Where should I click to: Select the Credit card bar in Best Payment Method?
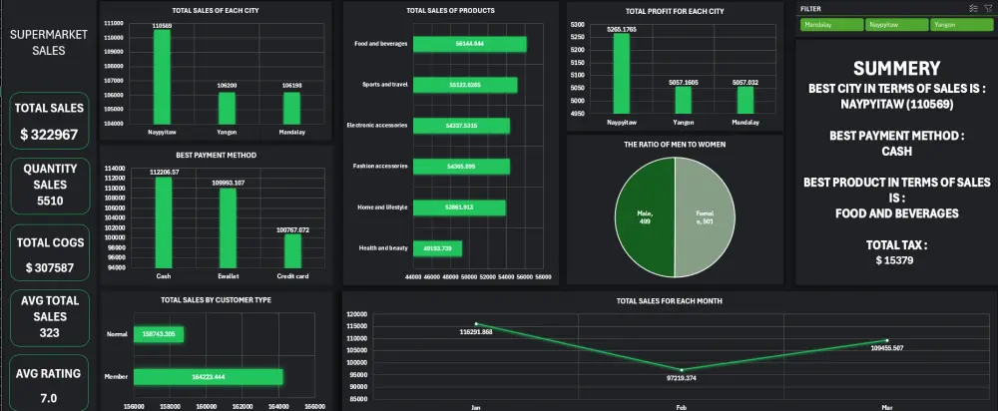(x=292, y=252)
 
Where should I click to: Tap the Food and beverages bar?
(x=469, y=44)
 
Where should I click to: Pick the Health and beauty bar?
(x=437, y=247)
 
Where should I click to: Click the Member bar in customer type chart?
(x=208, y=377)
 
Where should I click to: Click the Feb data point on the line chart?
(x=682, y=370)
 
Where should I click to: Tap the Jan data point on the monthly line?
(x=476, y=323)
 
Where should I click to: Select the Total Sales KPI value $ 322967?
(x=49, y=134)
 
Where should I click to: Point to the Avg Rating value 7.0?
(x=49, y=398)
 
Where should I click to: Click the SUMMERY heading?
(x=895, y=69)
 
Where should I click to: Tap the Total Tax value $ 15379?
(x=895, y=260)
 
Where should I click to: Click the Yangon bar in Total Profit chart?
(x=683, y=100)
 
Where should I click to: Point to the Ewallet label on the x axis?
(x=228, y=276)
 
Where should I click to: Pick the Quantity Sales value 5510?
(x=49, y=200)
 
